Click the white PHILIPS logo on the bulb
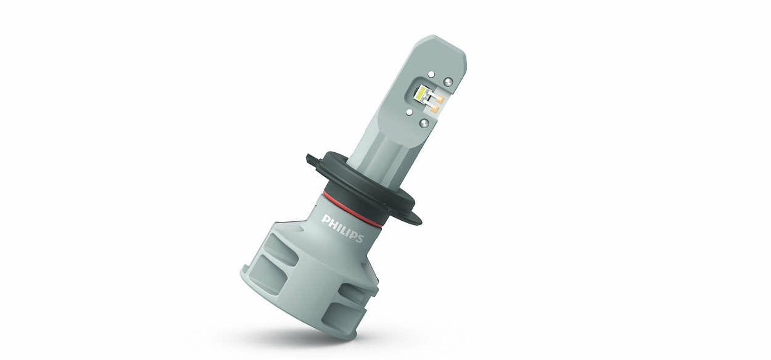pos(342,229)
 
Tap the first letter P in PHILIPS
pos(324,219)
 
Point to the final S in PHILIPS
pos(360,239)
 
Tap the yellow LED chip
pos(421,94)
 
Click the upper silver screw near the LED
pos(448,81)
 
